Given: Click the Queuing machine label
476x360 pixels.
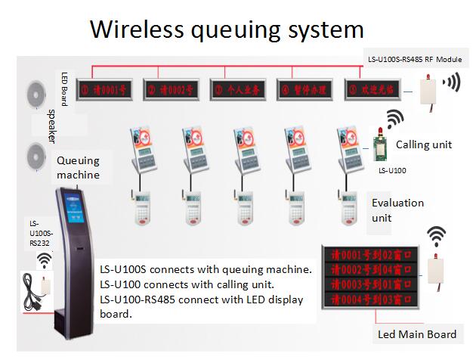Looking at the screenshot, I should [x=78, y=167].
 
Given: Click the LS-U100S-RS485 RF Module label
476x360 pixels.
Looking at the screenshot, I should [x=414, y=58].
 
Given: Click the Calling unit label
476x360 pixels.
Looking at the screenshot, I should [x=424, y=144].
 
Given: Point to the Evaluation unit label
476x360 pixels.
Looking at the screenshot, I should [x=397, y=210].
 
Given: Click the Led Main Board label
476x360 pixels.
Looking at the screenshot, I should [x=416, y=334].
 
